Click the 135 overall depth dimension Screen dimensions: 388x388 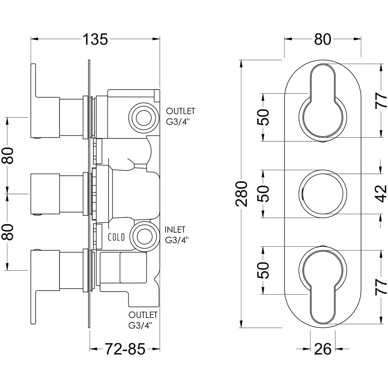click(x=95, y=39)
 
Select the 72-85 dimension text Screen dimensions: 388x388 click(x=125, y=350)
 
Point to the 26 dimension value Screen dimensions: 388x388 click(x=322, y=350)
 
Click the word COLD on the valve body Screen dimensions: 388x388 click(x=116, y=237)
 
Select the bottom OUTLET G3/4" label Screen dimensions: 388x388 click(x=143, y=319)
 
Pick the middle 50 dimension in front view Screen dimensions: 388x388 click(x=263, y=194)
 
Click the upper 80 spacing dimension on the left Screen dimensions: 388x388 click(x=8, y=156)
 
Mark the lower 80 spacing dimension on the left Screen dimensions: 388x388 click(x=8, y=232)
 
